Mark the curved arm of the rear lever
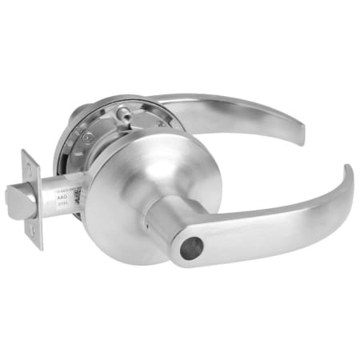tap(240, 108)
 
